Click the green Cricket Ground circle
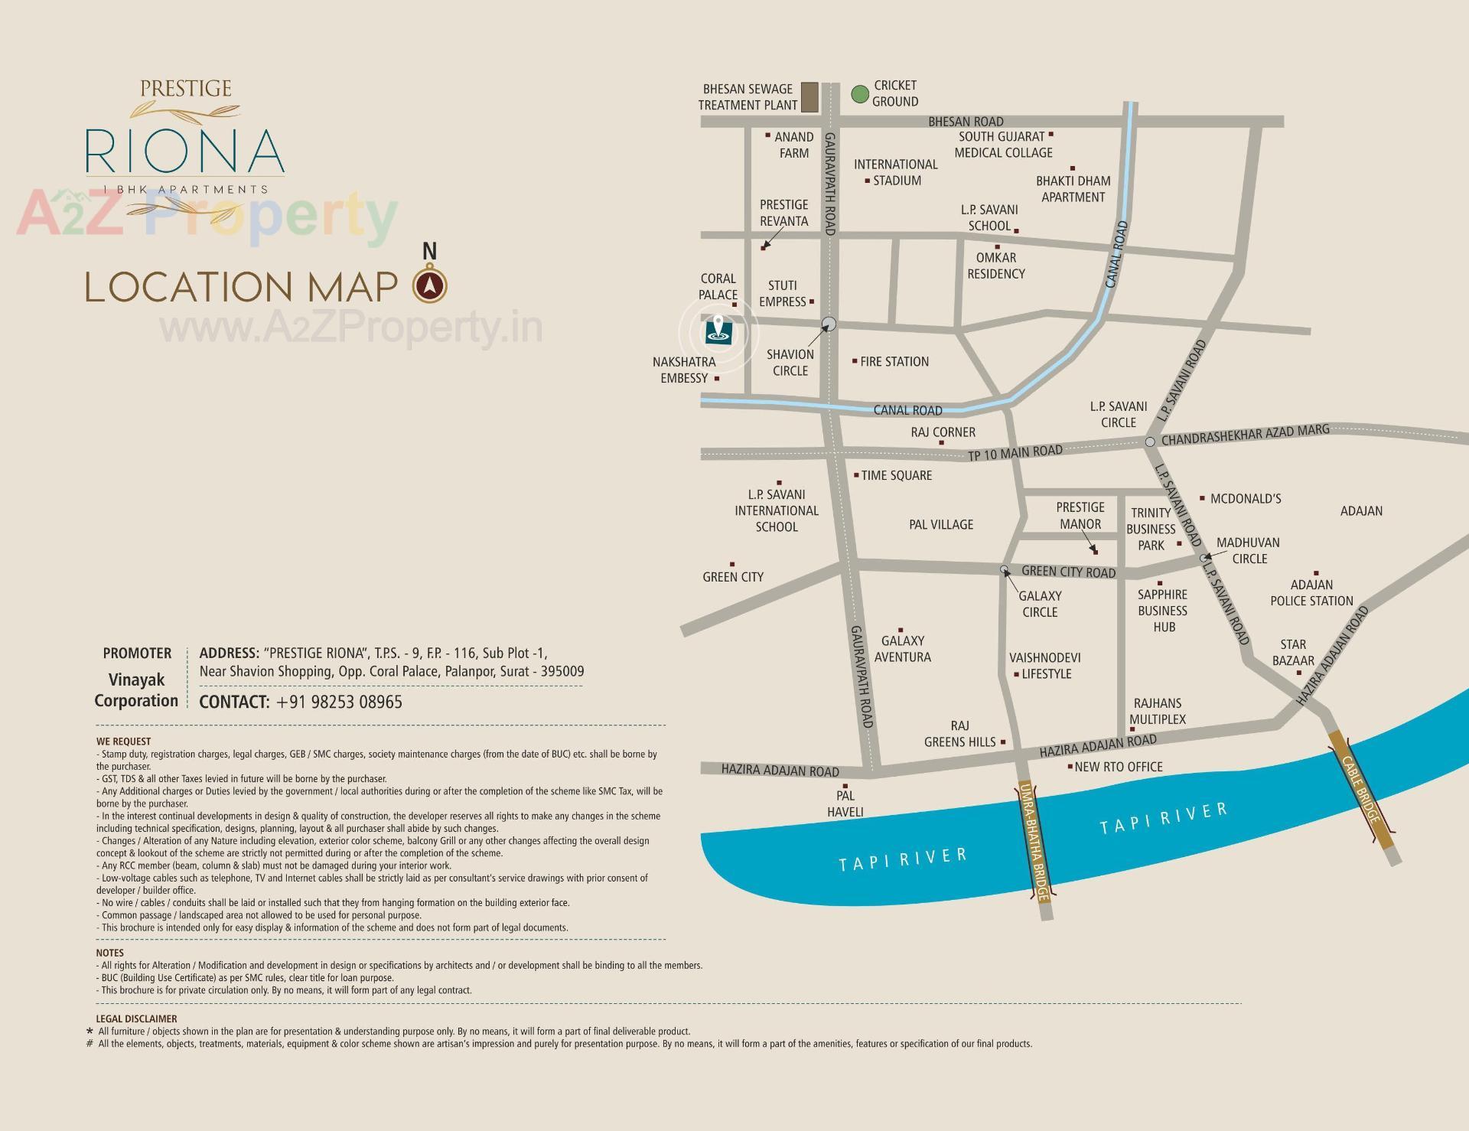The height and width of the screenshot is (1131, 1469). point(860,94)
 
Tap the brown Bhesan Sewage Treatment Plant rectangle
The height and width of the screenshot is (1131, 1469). point(809,97)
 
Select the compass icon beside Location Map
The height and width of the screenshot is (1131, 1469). point(430,285)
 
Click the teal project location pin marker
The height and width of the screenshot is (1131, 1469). point(718,331)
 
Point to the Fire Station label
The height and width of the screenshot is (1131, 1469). point(894,361)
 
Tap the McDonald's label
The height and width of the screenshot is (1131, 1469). point(1245,499)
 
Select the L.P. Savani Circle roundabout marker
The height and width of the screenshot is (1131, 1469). point(1150,442)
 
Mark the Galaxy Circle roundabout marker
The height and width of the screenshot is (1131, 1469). point(1005,569)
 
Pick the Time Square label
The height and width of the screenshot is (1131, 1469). point(896,475)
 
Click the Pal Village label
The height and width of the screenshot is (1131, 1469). point(941,524)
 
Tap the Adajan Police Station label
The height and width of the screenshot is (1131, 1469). point(1311,593)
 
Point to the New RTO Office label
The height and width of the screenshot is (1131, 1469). point(1118,767)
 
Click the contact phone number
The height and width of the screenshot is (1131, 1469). point(339,702)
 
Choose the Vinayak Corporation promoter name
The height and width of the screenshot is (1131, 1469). point(136,689)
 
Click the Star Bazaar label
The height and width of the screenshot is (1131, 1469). point(1293,653)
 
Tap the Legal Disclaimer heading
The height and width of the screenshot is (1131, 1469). point(136,1019)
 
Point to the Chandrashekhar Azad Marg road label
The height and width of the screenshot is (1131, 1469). point(1245,435)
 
